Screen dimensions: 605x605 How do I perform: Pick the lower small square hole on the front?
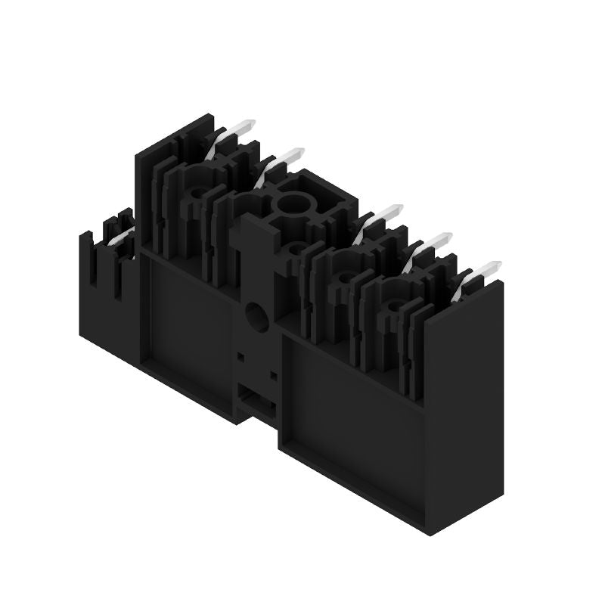click(274, 374)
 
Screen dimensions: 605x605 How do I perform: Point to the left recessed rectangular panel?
click(189, 318)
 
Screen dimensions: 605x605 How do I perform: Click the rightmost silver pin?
click(485, 270)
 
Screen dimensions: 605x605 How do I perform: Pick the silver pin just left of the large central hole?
click(281, 159)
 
